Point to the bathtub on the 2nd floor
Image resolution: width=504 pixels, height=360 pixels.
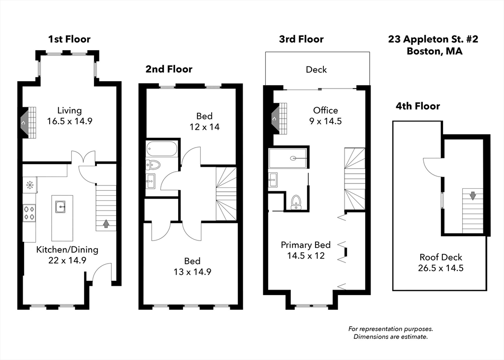[x=161, y=149]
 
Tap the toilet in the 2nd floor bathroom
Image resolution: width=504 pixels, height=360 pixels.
[x=154, y=165]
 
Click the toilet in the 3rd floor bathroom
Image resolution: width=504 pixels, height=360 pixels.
[x=296, y=201]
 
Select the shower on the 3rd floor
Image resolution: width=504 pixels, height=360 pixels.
[x=288, y=158]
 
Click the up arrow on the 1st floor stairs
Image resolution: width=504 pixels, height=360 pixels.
[x=106, y=224]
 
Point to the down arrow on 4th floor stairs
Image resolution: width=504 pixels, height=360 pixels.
[x=472, y=196]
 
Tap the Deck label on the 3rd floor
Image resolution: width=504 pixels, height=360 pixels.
[x=316, y=69]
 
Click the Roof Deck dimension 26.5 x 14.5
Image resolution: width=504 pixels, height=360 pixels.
[x=441, y=268]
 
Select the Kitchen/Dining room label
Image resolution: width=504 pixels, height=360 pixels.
[x=67, y=249]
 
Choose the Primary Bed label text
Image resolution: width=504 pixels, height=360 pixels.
[x=305, y=245]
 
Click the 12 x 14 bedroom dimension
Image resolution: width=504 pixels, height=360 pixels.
[x=204, y=127]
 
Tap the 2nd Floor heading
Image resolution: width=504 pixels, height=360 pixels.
[x=169, y=69]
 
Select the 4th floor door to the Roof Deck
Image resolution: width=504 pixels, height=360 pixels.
[x=432, y=167]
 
